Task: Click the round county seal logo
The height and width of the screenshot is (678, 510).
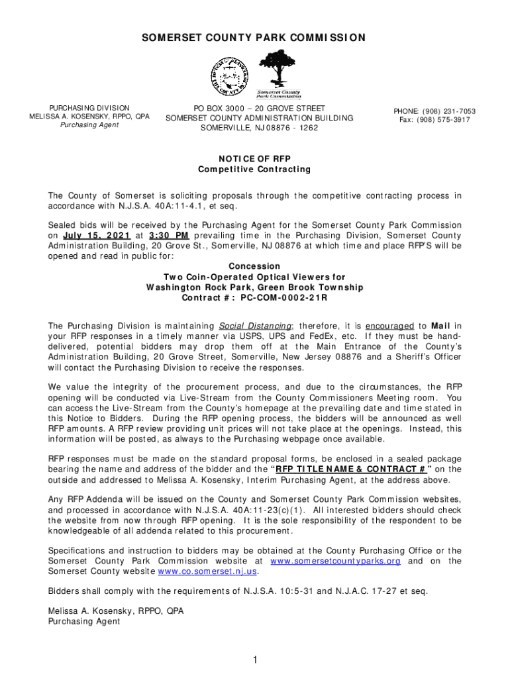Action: pos(230,74)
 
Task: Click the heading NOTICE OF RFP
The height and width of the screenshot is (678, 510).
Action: pos(254,158)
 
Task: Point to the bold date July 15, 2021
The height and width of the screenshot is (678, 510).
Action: pos(96,235)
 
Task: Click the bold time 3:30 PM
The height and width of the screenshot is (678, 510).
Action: pos(170,235)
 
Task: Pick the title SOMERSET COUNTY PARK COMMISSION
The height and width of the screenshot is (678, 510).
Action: pos(254,38)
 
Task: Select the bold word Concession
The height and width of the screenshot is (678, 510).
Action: pos(254,266)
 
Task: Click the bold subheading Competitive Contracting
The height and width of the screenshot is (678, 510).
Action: pos(254,169)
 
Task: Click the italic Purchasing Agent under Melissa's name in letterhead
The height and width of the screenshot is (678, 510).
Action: pos(89,125)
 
